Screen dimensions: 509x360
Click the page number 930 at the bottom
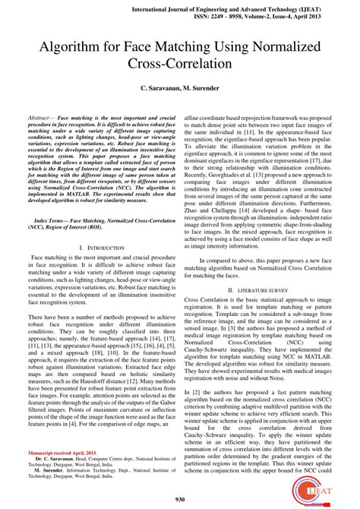click(180, 498)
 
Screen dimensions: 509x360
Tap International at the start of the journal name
click(164, 5)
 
